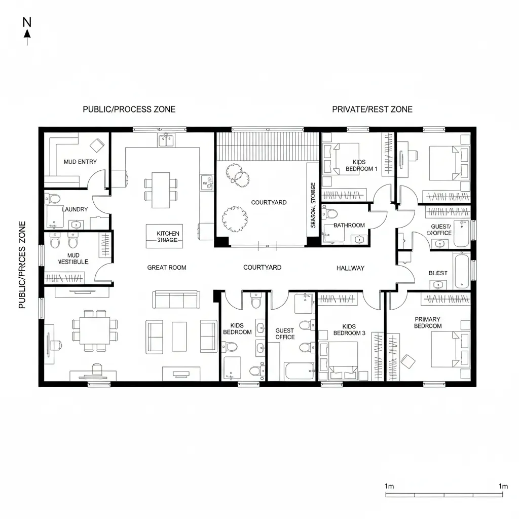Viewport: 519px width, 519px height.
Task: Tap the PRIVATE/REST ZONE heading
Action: click(372, 109)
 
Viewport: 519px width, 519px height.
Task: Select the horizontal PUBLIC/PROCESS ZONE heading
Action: click(129, 109)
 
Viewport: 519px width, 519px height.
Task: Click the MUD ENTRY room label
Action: click(80, 162)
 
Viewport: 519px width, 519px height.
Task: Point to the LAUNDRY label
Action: click(75, 209)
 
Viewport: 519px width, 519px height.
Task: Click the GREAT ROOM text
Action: click(167, 267)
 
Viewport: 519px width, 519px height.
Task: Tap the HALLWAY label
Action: click(350, 268)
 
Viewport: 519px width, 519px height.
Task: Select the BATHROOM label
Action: click(349, 225)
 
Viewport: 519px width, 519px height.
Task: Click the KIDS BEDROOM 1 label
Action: click(361, 165)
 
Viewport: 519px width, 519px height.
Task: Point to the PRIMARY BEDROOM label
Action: click(427, 322)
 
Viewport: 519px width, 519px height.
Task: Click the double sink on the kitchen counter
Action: click(166, 139)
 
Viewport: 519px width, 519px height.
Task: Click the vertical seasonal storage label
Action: click(313, 205)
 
